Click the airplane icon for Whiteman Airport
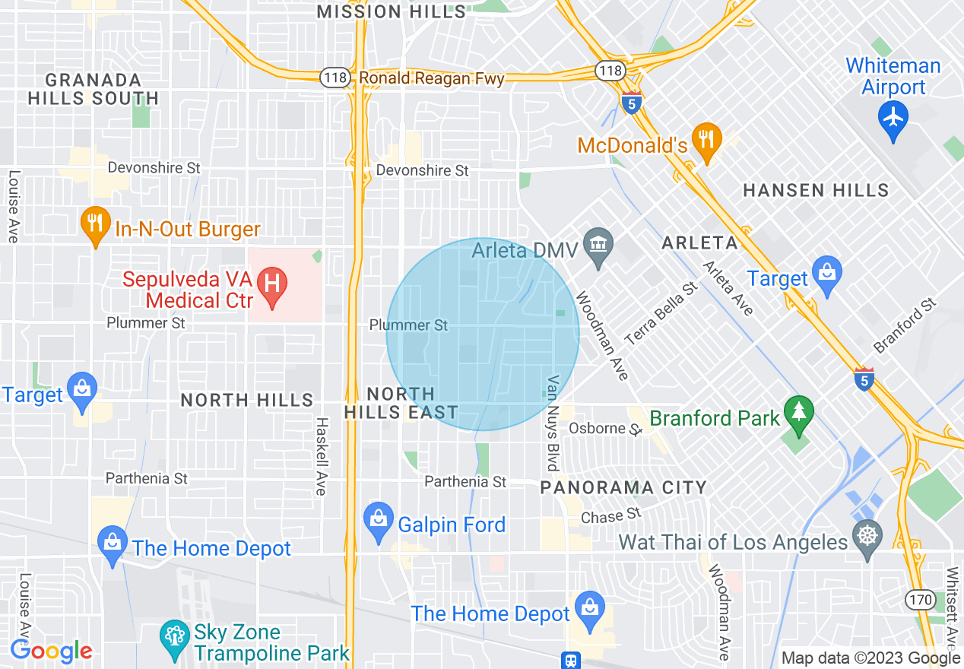(x=893, y=119)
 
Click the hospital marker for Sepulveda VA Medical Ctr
(x=272, y=286)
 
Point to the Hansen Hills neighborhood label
(x=816, y=190)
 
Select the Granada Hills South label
(x=94, y=89)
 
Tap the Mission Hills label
(x=391, y=11)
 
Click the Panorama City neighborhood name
(x=623, y=487)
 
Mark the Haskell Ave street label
(x=321, y=456)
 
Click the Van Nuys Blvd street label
(x=553, y=423)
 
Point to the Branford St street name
(x=905, y=327)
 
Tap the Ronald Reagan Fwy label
(x=431, y=78)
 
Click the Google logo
(x=51, y=651)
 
